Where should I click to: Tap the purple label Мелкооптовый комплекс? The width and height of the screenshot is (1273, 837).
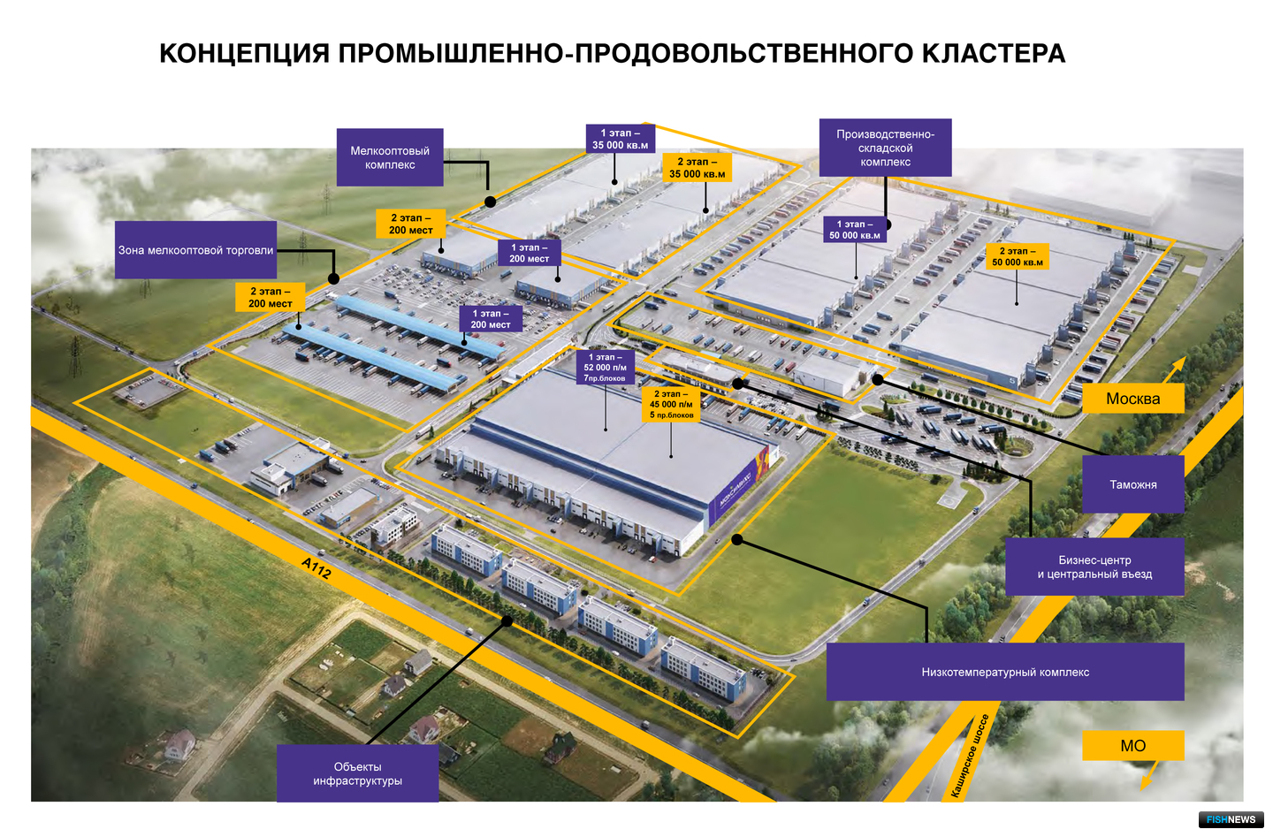coord(390,157)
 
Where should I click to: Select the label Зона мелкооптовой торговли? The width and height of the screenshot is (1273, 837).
coord(195,250)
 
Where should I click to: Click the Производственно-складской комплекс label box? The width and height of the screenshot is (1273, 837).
coord(885,148)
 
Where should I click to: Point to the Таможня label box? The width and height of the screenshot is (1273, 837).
coord(1132,484)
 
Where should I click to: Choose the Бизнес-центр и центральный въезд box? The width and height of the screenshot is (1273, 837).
coord(1094,567)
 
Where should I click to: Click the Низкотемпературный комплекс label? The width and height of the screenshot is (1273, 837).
coord(1005,672)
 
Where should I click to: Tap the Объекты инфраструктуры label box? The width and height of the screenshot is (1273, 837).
coord(357,773)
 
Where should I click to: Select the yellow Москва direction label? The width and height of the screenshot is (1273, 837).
coord(1132,398)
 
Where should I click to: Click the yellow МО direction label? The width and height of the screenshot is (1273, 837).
coord(1132,745)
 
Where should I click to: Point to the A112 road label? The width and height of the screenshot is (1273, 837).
coord(316,567)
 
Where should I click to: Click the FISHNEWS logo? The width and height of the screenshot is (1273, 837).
coord(1231,819)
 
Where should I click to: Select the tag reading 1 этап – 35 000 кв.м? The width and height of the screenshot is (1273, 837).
coord(620,139)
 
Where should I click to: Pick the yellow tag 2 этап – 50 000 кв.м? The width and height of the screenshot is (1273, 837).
coord(1018,256)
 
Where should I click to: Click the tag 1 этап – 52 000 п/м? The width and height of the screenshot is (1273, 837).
coord(605,367)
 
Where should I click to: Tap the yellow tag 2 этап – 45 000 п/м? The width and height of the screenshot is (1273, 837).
coord(671,404)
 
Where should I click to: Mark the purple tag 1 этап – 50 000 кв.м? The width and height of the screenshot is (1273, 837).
coord(854,230)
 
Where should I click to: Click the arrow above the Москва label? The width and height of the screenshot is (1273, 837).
coord(1174,369)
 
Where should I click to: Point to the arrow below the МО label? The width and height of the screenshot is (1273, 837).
coord(1149,775)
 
